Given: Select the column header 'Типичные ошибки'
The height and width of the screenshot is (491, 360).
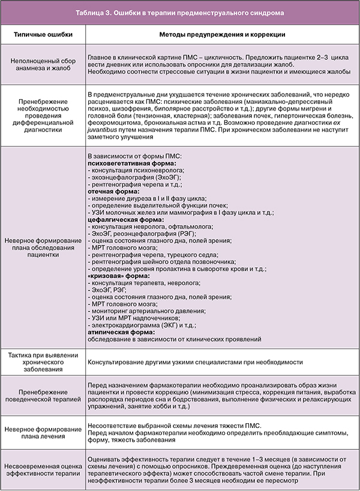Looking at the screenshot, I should point(43,35).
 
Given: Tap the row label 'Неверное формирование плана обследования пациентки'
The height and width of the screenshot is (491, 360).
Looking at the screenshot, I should point(43,247).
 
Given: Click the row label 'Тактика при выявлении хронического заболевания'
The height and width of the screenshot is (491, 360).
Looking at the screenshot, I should point(43,363).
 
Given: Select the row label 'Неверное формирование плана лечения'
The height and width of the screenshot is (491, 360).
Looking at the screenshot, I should point(43,434).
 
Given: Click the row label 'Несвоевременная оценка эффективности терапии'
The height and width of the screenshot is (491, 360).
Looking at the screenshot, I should point(43,469).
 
